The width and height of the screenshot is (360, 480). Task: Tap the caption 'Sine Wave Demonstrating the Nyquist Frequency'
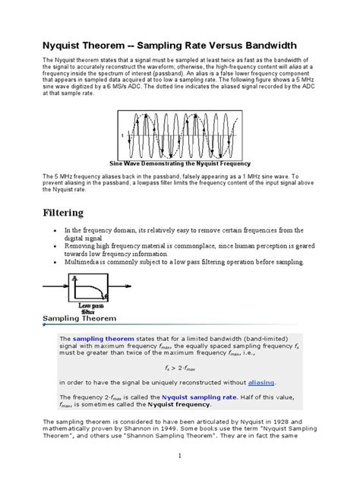pos(179,163)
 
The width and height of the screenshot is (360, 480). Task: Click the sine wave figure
pos(180,134)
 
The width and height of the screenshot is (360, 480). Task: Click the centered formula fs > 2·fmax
pos(180,367)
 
